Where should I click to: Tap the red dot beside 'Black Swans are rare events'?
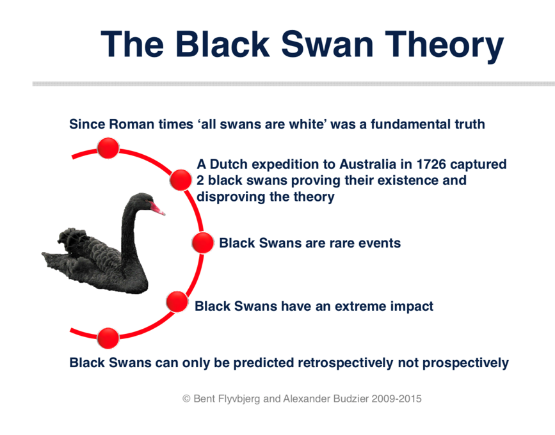click(x=202, y=243)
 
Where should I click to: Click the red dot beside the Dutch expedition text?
click(x=181, y=180)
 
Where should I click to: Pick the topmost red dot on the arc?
click(x=108, y=148)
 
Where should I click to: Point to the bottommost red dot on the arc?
click(x=108, y=338)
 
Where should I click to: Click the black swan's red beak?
click(x=157, y=209)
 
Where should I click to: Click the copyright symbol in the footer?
click(x=186, y=399)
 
